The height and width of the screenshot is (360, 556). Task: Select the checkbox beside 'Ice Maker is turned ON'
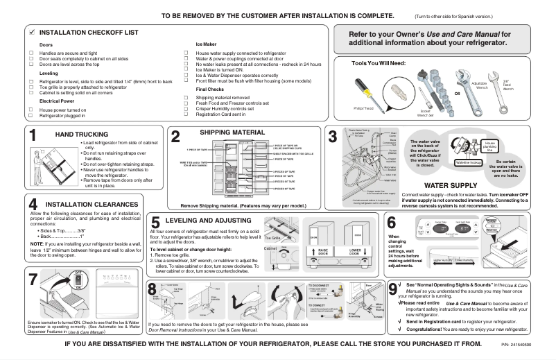pyautogui.click(x=187, y=69)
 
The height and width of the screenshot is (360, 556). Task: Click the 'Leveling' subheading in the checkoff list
pyautogui.click(x=49, y=73)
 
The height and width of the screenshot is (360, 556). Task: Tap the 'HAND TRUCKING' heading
pyautogui.click(x=80, y=133)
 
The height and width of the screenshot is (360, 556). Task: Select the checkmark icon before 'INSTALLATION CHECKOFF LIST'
pyautogui.click(x=31, y=33)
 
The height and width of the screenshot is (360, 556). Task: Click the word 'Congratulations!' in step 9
pyautogui.click(x=431, y=330)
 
